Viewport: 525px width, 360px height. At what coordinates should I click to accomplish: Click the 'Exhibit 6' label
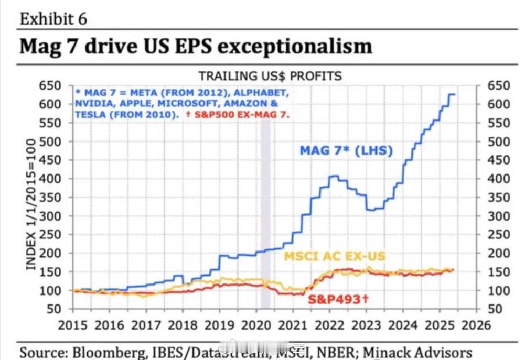pyautogui.click(x=53, y=19)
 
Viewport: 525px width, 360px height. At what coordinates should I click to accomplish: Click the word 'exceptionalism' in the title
pyautogui.click(x=294, y=46)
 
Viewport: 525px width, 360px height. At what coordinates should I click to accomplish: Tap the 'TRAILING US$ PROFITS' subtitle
pyautogui.click(x=270, y=76)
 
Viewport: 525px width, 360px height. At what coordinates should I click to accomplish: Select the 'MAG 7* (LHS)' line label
pyautogui.click(x=346, y=151)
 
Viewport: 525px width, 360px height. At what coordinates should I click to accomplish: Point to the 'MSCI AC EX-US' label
pyautogui.click(x=334, y=256)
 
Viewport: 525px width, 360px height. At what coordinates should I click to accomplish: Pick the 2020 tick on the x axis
pyautogui.click(x=256, y=325)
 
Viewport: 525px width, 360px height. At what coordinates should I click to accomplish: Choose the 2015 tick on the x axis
pyautogui.click(x=73, y=325)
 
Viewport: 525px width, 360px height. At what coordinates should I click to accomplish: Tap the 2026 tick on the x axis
pyautogui.click(x=476, y=325)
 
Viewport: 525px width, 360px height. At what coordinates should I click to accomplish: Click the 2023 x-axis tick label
pyautogui.click(x=366, y=325)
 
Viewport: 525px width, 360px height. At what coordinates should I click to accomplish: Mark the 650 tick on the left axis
pyautogui.click(x=51, y=85)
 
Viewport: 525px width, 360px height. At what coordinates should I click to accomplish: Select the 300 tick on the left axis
pyautogui.click(x=51, y=216)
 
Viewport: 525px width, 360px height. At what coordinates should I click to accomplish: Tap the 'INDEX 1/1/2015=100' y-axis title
pyautogui.click(x=31, y=204)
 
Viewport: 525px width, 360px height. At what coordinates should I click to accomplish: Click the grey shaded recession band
pyautogui.click(x=265, y=210)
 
